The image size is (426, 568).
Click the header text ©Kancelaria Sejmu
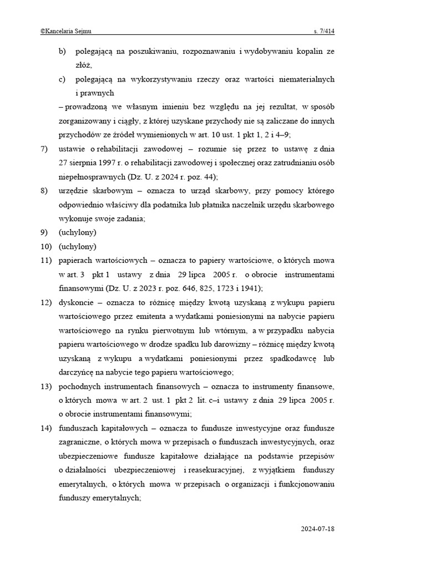(66, 32)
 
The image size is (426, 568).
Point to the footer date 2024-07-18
(318, 529)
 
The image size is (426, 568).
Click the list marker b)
(63, 51)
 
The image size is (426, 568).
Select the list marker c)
(63, 79)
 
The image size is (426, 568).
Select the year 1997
(105, 163)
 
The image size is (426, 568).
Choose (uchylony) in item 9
(77, 232)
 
